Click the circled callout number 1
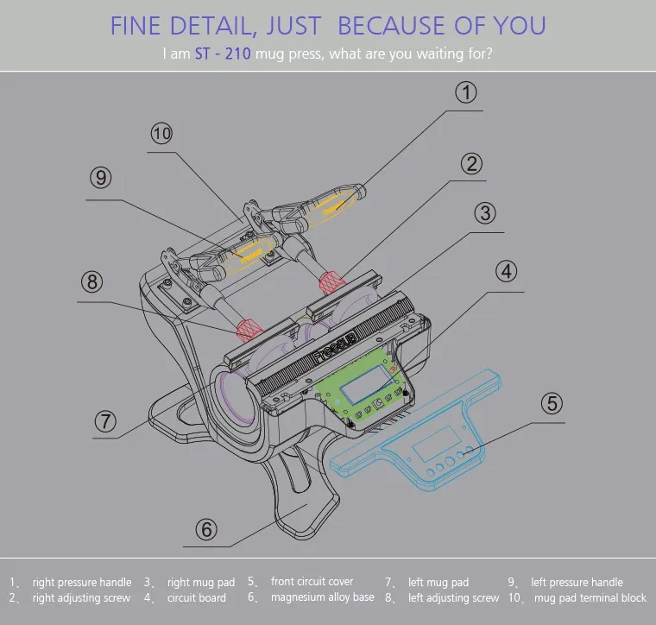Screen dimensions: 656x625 466,93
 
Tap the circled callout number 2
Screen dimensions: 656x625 470,163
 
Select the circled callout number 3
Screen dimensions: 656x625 486,213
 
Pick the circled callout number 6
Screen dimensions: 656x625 205,528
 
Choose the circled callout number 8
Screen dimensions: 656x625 92,282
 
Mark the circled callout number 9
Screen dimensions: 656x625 102,178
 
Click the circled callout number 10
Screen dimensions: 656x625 161,134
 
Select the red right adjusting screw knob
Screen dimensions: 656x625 330,281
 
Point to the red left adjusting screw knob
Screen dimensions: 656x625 248,327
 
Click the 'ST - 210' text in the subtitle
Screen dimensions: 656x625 223,54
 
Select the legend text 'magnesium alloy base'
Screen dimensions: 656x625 323,597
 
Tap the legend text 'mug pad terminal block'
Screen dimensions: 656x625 590,597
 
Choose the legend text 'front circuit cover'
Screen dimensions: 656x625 312,581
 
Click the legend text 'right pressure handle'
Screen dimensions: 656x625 82,582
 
